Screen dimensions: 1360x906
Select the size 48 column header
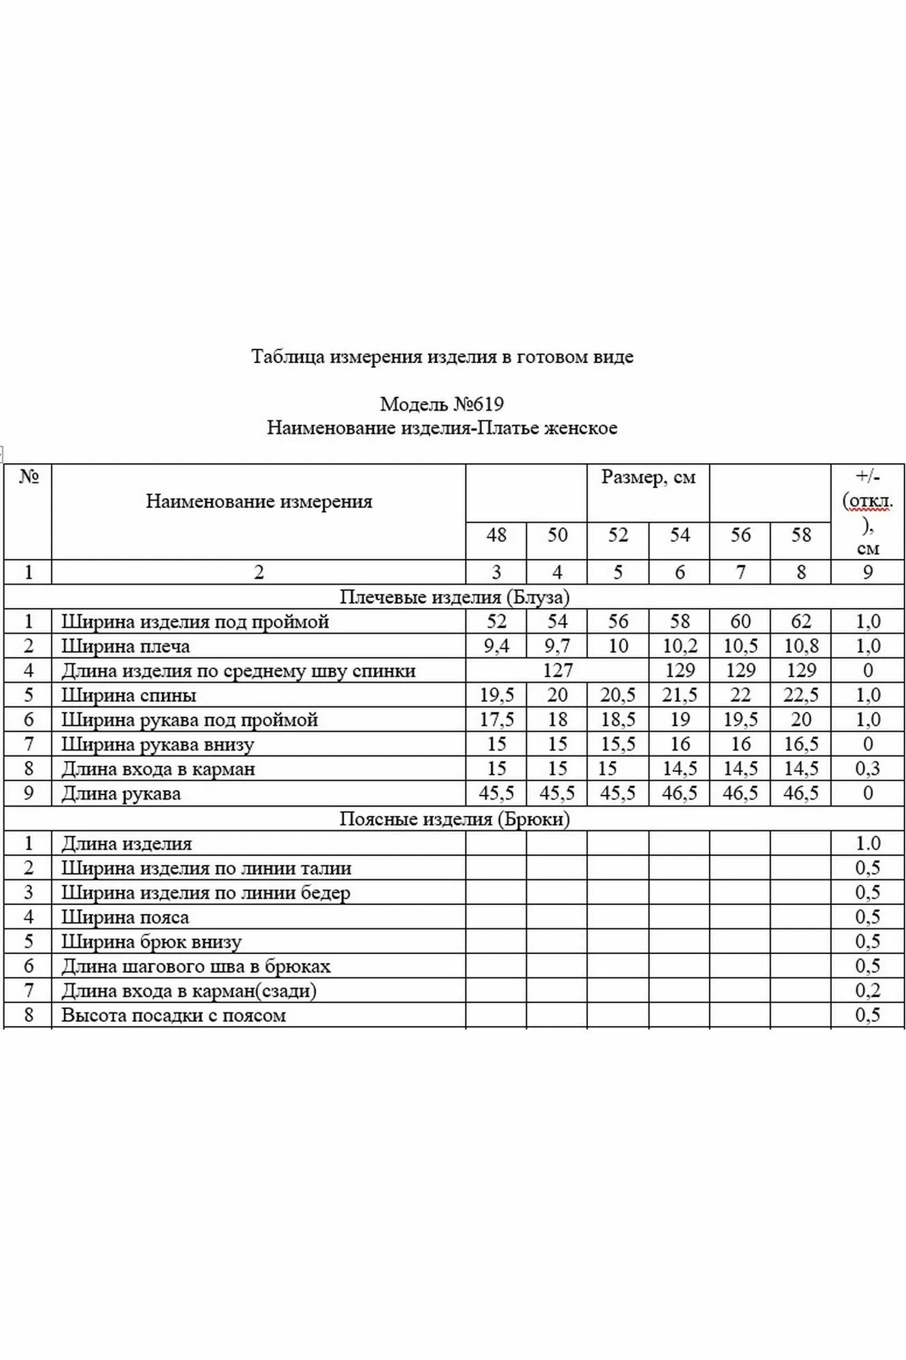pos(496,535)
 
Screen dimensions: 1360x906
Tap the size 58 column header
pos(801,535)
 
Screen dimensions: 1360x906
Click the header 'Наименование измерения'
pos(259,502)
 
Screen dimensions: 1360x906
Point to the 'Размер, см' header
pos(648,477)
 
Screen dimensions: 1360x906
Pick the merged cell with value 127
pos(557,671)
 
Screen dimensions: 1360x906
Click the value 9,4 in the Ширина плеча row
pos(496,647)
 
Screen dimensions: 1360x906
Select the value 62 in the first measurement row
pos(801,622)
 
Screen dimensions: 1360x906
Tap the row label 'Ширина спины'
pos(128,696)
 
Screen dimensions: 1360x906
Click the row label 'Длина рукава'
pos(121,794)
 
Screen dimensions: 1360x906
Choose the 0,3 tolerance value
pos(867,769)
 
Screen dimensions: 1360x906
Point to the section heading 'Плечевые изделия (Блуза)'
pos(454,597)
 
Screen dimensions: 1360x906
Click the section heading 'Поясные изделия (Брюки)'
pos(454,819)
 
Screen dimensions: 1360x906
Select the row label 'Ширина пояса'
pos(125,917)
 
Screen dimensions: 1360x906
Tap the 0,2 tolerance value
pos(867,991)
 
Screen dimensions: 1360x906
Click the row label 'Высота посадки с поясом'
pos(173,1016)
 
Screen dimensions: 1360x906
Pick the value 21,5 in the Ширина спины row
pos(679,696)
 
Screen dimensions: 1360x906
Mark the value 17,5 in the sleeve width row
pos(496,720)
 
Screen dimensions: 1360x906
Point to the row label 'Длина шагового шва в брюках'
pos(196,966)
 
